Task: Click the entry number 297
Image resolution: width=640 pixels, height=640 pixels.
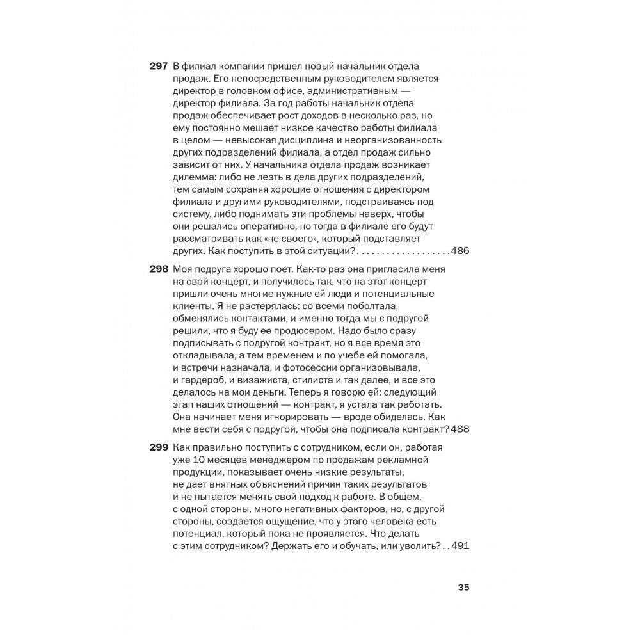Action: (158, 67)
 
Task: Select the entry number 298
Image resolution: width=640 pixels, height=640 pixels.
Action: (158, 269)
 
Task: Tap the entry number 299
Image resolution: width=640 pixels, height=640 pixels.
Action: (158, 448)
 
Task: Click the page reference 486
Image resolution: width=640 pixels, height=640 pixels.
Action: (460, 250)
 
